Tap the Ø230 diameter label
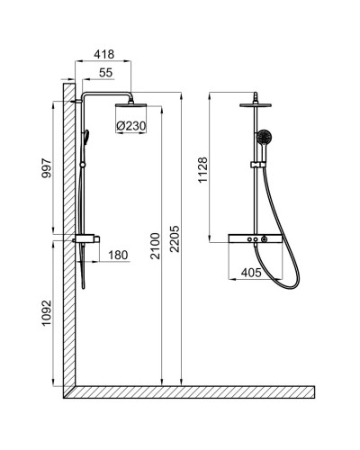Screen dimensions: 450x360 coord(131,125)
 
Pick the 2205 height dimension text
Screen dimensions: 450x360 coord(185,236)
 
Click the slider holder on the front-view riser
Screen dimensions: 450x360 coord(257,166)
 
